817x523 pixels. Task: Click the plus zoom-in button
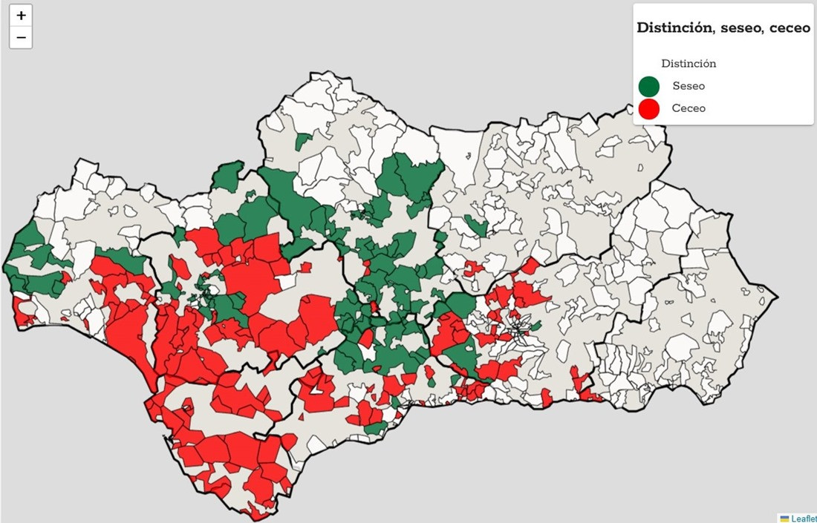coord(21,16)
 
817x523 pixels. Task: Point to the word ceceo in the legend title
coord(790,27)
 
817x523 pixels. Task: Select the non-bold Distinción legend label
coord(689,64)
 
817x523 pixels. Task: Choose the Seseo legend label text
coord(689,86)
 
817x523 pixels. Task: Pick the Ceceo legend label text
coord(689,108)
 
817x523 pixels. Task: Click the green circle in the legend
coord(649,86)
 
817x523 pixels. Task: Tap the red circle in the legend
coord(649,109)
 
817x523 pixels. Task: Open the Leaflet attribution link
coord(803,518)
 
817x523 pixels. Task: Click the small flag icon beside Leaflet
coord(784,518)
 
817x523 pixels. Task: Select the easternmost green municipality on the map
coord(475,226)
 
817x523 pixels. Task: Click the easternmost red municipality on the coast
coord(592,396)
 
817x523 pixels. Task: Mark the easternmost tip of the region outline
coord(778,298)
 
